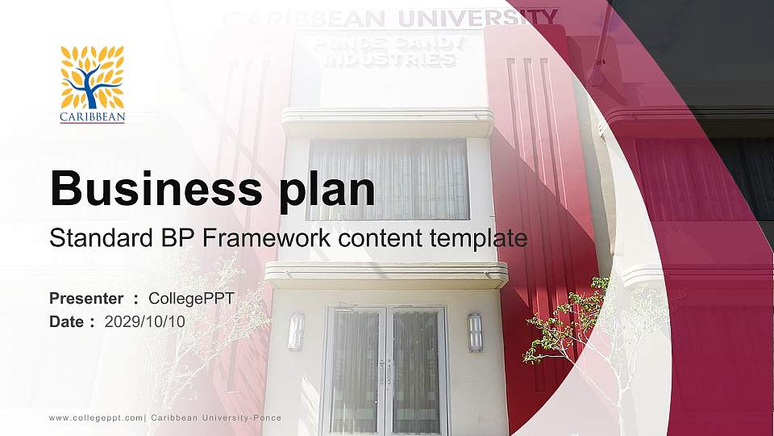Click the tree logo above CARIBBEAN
(x=92, y=77)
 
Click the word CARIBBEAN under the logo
(x=92, y=117)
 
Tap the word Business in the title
(x=148, y=189)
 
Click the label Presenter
(x=86, y=299)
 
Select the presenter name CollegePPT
(x=191, y=299)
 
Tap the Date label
(x=67, y=321)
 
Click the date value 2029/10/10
(x=145, y=321)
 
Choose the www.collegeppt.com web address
(x=96, y=417)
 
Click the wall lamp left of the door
(x=296, y=331)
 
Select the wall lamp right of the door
(x=475, y=332)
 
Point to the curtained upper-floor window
(x=387, y=179)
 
